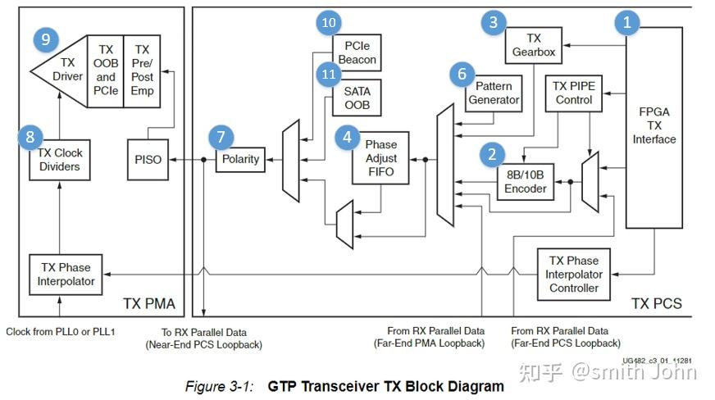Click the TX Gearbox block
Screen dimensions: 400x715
pyautogui.click(x=534, y=44)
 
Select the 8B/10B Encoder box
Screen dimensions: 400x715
pyautogui.click(x=525, y=180)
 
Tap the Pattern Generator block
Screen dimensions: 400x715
pyautogui.click(x=494, y=93)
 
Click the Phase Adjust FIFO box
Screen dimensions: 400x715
pyautogui.click(x=380, y=157)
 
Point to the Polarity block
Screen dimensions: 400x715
pyautogui.click(x=240, y=158)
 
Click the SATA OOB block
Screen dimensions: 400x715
pyautogui.click(x=357, y=98)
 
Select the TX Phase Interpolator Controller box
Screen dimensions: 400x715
pyautogui.click(x=573, y=274)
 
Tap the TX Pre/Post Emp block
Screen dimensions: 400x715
pyautogui.click(x=142, y=70)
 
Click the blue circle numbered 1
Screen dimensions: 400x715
pyautogui.click(x=627, y=22)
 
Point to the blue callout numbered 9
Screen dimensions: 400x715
pyautogui.click(x=44, y=38)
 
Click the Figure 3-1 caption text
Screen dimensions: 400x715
pyautogui.click(x=344, y=386)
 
